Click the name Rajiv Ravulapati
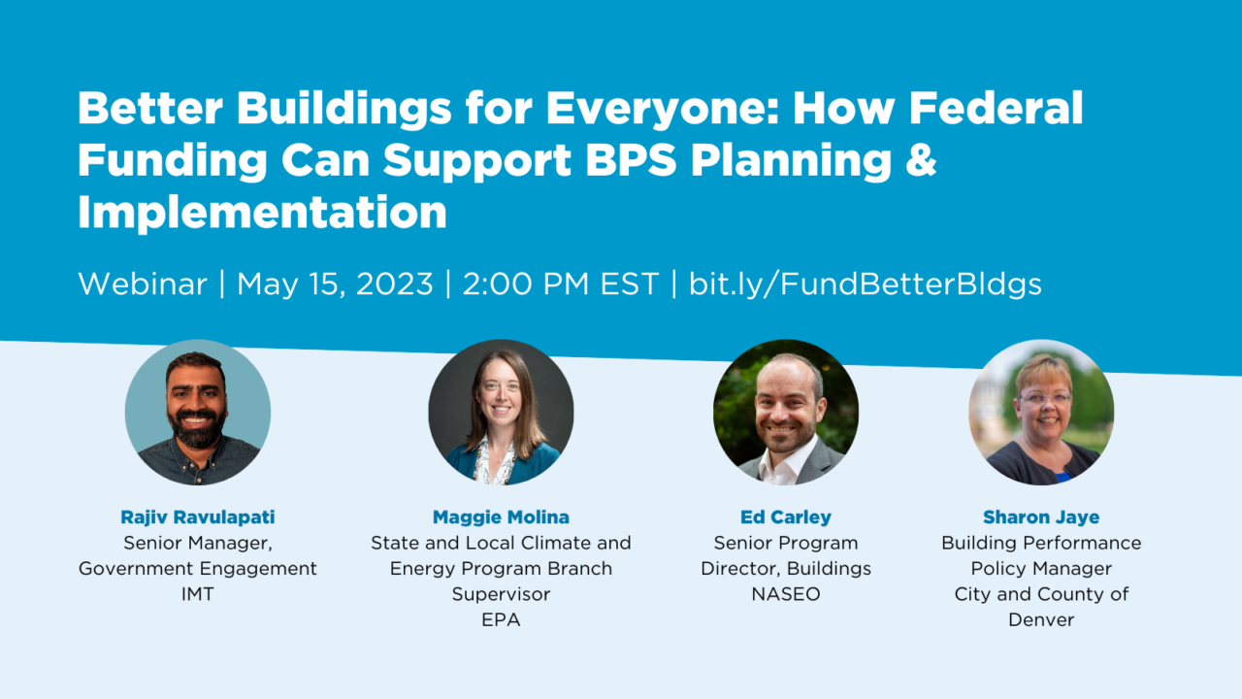click(198, 517)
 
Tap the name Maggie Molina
click(501, 517)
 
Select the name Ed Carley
click(786, 517)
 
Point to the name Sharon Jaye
click(1041, 517)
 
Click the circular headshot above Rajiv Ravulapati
click(198, 413)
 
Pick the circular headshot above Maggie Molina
click(501, 413)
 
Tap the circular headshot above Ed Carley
click(786, 413)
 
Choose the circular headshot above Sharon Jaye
click(1041, 413)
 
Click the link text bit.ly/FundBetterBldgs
click(866, 284)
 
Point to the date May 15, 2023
click(335, 284)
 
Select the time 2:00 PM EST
click(561, 284)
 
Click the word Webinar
click(143, 284)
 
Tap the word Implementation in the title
click(262, 212)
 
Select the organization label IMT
click(198, 594)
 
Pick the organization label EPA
click(501, 619)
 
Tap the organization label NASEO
click(786, 594)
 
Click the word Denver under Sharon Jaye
click(1041, 619)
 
